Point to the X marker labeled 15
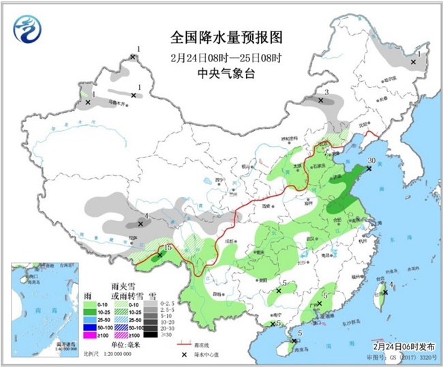point(160,255)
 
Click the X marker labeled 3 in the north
point(320,100)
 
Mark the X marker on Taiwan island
point(384,291)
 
